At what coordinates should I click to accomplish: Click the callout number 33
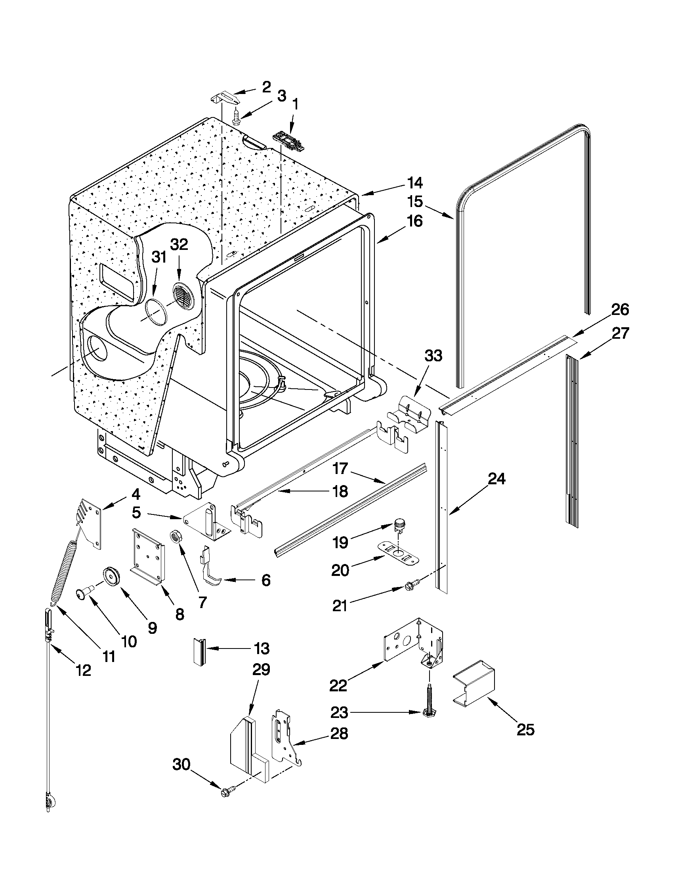point(433,356)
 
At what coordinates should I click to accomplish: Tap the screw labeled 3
point(236,117)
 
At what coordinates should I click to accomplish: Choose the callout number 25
point(525,730)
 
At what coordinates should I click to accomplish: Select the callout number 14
point(415,183)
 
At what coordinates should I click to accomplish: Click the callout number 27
point(621,333)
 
